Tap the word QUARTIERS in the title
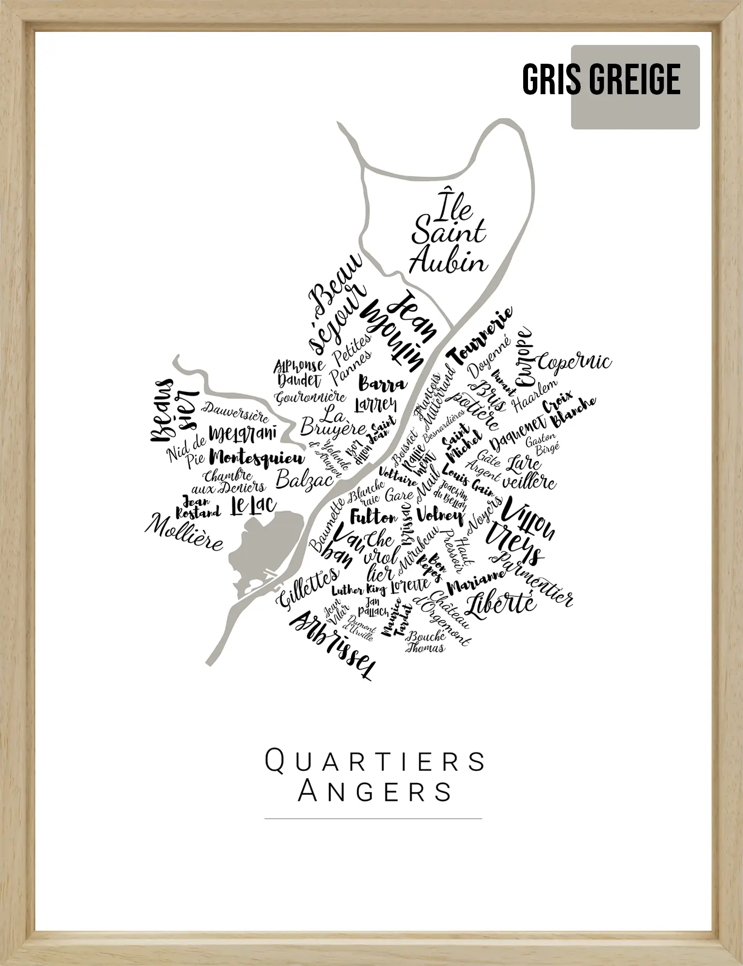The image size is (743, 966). coord(375,761)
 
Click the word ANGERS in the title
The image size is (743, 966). coord(375,792)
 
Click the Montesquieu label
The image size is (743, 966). coord(258,458)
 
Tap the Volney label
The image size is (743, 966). coord(440,515)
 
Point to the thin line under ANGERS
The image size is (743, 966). coord(373,819)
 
